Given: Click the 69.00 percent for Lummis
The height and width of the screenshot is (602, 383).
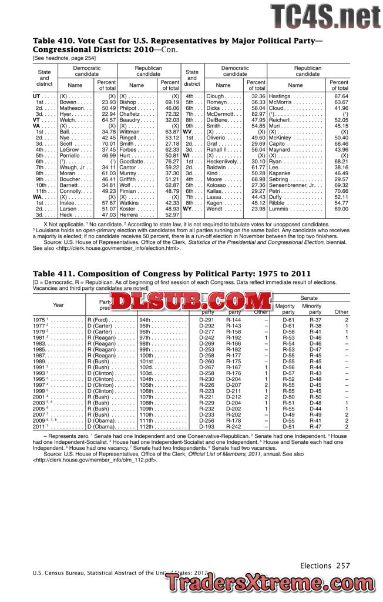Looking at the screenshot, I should [x=341, y=209].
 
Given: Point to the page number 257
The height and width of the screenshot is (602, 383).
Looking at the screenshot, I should [x=343, y=566].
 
